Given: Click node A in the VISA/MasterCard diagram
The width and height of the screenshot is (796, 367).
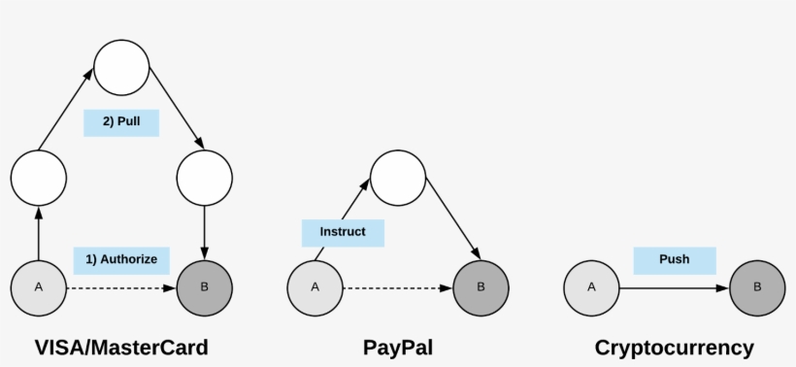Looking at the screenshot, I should pos(39,287).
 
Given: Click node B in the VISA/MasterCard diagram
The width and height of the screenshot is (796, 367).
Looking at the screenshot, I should pos(205,287).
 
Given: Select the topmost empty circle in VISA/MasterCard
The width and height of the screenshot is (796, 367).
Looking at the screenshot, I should pos(121,68).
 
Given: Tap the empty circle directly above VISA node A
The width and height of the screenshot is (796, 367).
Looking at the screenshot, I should pos(39,178).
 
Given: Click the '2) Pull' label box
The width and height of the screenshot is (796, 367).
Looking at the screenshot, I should pos(121,123).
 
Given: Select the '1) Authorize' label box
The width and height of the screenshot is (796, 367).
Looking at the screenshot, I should pos(121,260).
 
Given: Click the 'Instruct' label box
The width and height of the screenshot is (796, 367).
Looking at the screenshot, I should pos(343,233).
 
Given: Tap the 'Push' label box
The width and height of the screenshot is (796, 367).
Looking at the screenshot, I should pos(675,261).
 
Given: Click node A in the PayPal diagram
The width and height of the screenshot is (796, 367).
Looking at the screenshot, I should pos(315,287).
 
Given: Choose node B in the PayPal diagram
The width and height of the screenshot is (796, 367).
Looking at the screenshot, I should pos(481,287).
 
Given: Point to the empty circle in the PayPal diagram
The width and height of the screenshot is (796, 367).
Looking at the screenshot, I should pos(398,178).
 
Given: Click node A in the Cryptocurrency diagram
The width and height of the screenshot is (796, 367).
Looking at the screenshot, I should pos(592,287).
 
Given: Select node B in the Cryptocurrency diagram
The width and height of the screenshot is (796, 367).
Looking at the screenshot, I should pos(758,287).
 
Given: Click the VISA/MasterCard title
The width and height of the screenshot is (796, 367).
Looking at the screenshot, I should pos(121,347).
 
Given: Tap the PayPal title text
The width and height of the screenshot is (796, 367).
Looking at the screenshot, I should pos(398,347).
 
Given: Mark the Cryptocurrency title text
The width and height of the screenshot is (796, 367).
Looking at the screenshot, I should pos(675,347).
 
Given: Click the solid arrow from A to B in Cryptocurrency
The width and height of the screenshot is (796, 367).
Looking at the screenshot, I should pos(675,288).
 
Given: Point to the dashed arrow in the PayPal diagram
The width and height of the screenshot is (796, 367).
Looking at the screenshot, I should pos(398,288).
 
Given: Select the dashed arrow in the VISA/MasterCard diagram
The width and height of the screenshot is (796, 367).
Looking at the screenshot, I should pos(121,288).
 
